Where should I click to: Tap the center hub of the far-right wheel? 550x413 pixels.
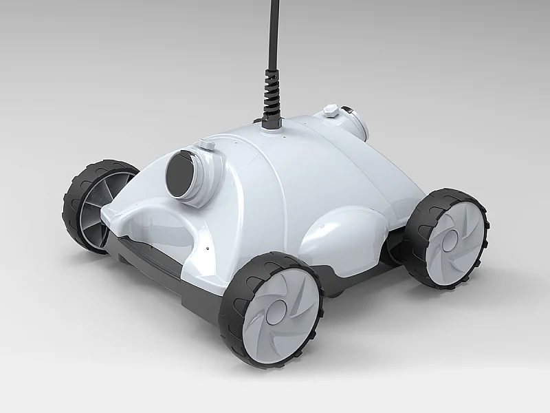(x=448, y=238)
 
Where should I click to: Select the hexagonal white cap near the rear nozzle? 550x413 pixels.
(x=331, y=110)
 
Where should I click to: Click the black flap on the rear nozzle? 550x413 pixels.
(x=348, y=110)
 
